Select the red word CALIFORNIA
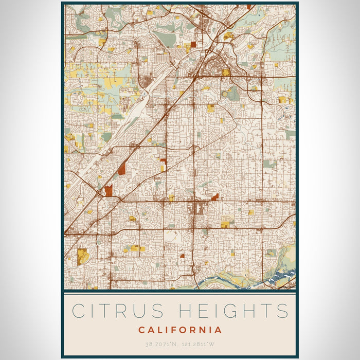180,330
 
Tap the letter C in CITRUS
79,311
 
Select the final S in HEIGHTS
281,311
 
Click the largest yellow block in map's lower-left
82,256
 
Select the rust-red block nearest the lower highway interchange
109,191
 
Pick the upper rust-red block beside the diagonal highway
122,168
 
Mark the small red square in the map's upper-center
193,45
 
